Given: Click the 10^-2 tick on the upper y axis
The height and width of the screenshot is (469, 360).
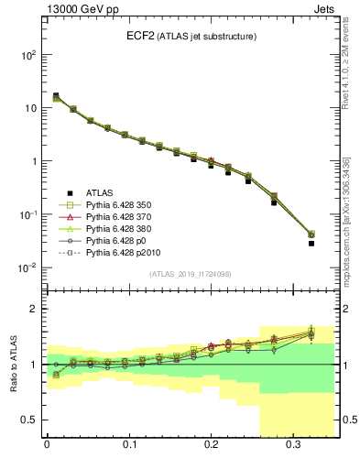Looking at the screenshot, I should tap(28, 268).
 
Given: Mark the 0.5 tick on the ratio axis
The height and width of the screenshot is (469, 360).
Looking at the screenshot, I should tap(29, 420).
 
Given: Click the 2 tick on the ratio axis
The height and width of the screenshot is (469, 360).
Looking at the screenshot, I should tap(35, 309).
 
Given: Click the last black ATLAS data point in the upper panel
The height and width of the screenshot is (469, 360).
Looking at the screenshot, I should tap(311, 244).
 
